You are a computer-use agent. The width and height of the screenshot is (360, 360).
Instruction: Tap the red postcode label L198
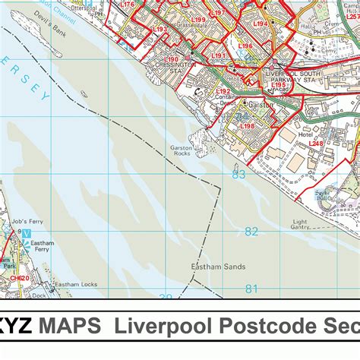pos(247,125)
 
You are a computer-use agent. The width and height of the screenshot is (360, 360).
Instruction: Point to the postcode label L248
pos(315,144)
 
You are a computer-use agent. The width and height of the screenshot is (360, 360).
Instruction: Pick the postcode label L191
pos(219,55)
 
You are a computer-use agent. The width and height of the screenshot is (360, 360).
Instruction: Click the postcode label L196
pos(245,46)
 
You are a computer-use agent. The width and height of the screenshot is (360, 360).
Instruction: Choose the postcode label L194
pos(260,24)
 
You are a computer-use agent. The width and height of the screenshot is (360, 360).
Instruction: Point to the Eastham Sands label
pos(206,267)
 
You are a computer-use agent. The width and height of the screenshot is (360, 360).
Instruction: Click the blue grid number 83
pos(238,175)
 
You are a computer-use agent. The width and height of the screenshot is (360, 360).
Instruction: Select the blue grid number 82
pos(251,232)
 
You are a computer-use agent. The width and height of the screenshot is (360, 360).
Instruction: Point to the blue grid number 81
pos(251,289)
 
